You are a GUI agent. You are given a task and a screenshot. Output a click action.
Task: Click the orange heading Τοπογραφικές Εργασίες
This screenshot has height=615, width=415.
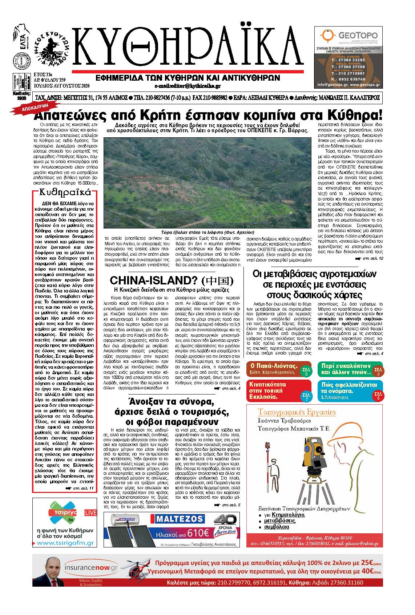[x=296, y=412]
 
